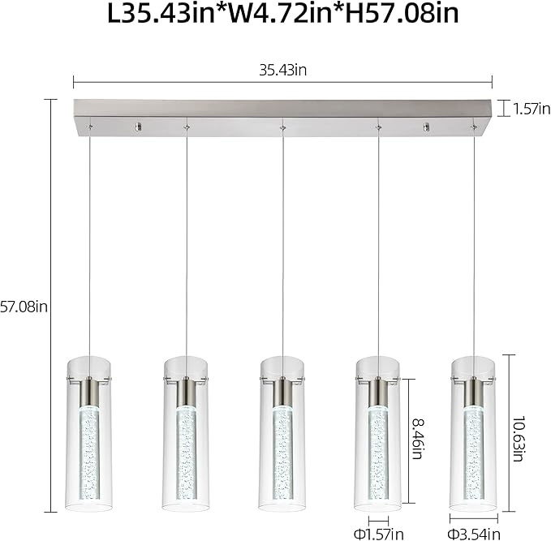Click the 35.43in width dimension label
(282, 70)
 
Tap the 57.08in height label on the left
(24, 307)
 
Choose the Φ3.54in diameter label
(473, 534)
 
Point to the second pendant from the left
(186, 438)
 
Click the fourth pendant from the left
(378, 438)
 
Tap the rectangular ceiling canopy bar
(282, 114)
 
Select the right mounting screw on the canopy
(427, 127)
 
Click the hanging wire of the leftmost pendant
(89, 243)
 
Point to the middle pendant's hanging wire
(282, 243)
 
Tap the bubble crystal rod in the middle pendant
(282, 454)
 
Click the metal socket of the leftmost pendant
(89, 391)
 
